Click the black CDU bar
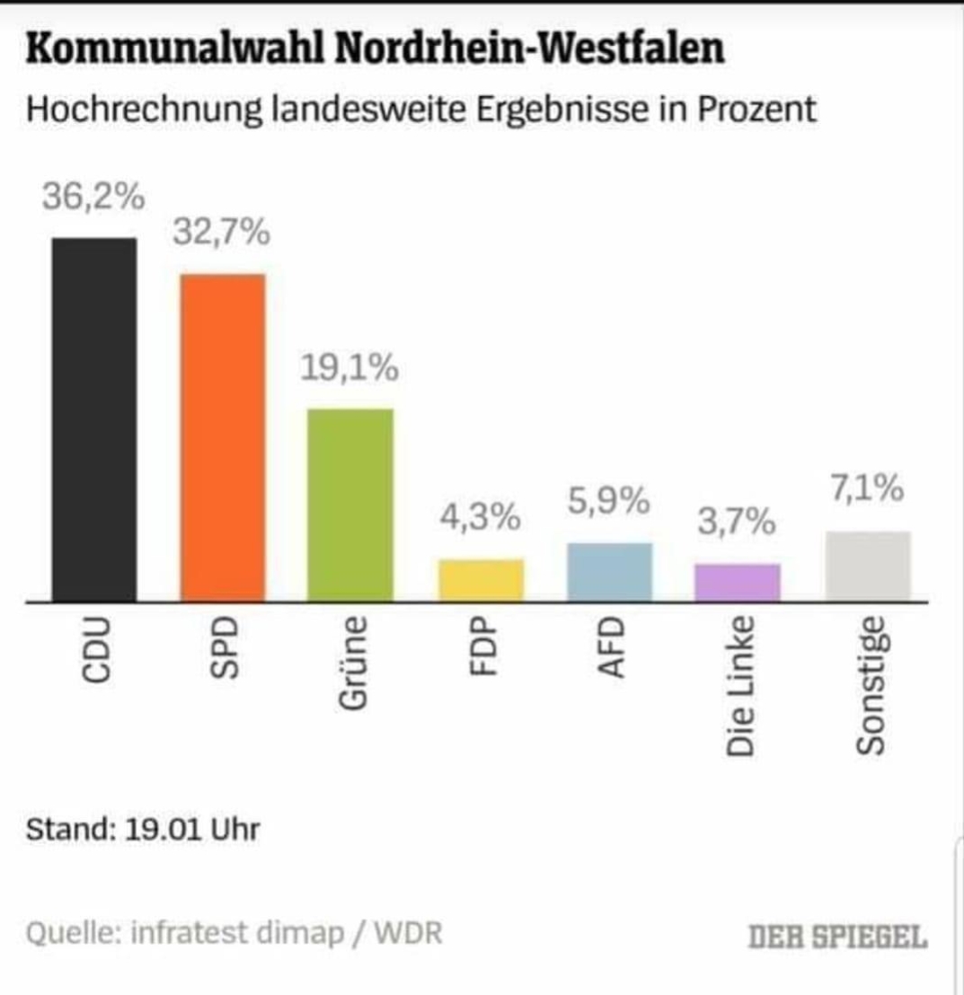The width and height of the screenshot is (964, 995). (x=94, y=419)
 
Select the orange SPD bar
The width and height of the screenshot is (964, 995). (x=223, y=437)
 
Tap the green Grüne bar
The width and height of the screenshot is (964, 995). (x=350, y=505)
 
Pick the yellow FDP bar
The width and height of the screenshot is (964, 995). (x=481, y=580)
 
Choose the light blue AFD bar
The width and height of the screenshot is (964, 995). (x=610, y=572)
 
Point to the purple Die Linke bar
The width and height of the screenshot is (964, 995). (x=738, y=582)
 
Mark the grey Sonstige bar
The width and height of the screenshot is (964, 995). (x=868, y=566)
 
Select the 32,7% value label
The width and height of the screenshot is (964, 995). (x=222, y=234)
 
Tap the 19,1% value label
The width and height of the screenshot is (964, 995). (x=349, y=368)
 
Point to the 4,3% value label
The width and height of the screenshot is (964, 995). (x=480, y=518)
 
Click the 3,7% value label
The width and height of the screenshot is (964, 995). (x=738, y=523)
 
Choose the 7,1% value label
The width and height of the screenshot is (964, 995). (x=866, y=490)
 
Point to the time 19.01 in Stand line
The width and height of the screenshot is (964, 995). (x=161, y=829)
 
